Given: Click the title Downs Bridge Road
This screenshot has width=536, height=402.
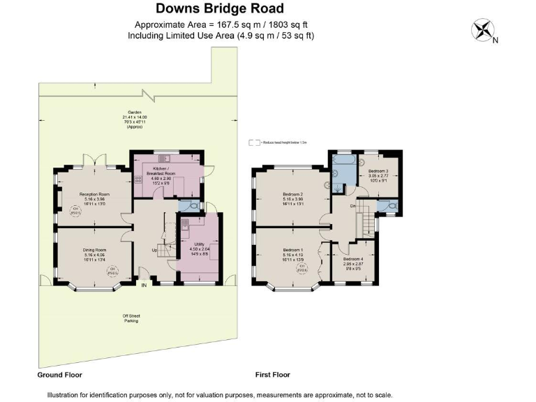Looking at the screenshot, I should click(x=220, y=9).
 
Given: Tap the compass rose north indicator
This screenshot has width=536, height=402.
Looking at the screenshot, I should click(x=482, y=30).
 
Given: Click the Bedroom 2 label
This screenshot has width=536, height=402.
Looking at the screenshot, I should click(x=293, y=195).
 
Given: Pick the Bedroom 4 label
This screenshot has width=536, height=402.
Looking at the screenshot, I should click(x=352, y=261).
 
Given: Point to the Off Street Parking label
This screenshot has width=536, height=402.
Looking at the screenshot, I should click(x=131, y=318).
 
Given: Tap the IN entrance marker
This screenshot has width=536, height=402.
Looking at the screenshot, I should click(x=144, y=285).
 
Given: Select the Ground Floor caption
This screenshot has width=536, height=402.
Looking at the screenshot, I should click(x=59, y=375).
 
